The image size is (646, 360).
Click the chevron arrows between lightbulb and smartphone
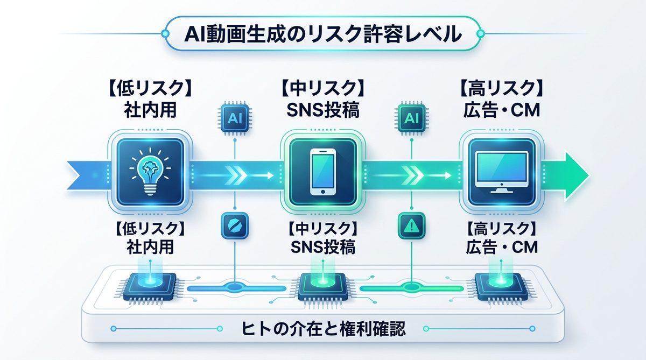click(x=236, y=175)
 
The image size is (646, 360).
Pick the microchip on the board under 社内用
click(x=149, y=286)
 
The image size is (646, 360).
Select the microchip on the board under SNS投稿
click(x=321, y=286)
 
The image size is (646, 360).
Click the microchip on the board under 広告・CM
click(x=496, y=286)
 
